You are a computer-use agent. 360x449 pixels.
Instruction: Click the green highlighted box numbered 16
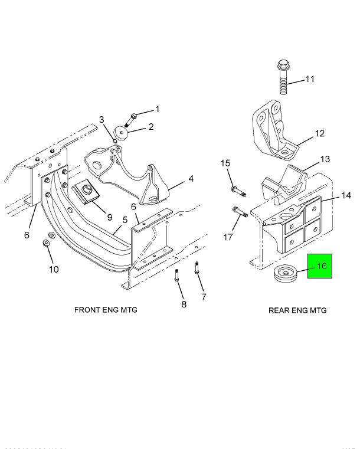pos(320,266)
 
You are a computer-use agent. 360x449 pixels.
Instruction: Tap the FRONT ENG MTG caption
pos(106,310)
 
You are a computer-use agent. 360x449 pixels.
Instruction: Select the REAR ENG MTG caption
pos(297,310)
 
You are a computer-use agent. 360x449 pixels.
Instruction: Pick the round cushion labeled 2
pos(122,133)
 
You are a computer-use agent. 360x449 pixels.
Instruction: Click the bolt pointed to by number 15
pos(238,191)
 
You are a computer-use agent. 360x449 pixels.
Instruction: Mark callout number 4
pos(191,179)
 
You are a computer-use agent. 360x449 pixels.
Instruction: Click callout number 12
pos(319,134)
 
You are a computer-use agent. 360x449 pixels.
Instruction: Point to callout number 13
pos(325,159)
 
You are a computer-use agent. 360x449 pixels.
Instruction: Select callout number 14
pos(346,195)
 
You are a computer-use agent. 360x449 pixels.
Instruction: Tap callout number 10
pos(54,270)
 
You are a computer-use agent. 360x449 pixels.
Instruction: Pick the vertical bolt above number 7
pos(197,270)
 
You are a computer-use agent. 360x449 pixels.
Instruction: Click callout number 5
pos(125,220)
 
